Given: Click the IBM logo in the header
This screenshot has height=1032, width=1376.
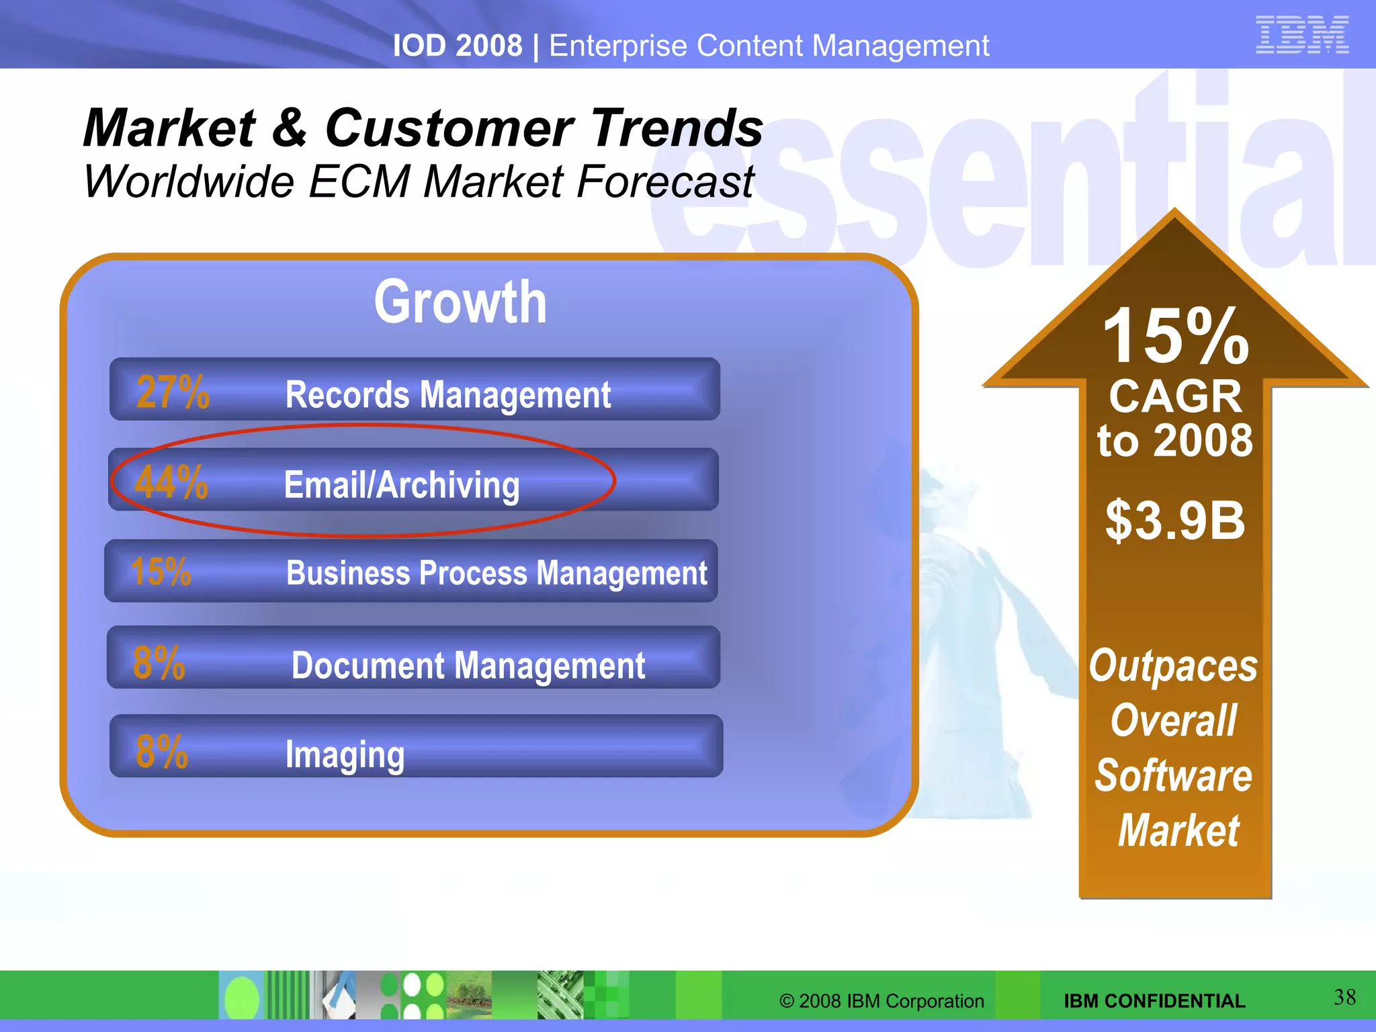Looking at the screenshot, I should [1302, 35].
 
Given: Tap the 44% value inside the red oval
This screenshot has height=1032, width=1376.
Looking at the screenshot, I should [171, 482].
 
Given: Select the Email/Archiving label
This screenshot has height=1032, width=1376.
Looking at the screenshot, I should [401, 485].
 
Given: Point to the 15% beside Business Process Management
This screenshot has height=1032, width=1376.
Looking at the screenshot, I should [161, 572].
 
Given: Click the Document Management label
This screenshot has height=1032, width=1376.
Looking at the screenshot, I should [468, 666].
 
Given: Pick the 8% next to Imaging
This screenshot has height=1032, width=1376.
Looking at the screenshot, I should [161, 751].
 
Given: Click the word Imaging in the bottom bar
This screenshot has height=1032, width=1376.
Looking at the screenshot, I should [345, 755].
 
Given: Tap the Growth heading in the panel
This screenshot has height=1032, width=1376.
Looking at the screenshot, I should [460, 302].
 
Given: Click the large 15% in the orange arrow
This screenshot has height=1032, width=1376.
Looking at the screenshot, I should [1175, 336].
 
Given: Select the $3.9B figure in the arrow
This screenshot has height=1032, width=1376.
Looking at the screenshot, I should [1175, 520].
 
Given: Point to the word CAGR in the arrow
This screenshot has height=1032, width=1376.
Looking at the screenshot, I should [1175, 396].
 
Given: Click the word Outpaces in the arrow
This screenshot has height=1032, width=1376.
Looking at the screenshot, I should [1173, 666].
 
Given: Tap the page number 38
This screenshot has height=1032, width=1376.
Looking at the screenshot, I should [1344, 997].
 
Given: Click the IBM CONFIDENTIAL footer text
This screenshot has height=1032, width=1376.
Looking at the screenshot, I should [1154, 1001].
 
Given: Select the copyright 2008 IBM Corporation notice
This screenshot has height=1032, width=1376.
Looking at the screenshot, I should [881, 1001].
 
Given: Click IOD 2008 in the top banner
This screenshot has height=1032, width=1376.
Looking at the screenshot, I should [457, 46].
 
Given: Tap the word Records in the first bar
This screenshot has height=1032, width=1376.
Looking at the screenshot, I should [347, 394].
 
